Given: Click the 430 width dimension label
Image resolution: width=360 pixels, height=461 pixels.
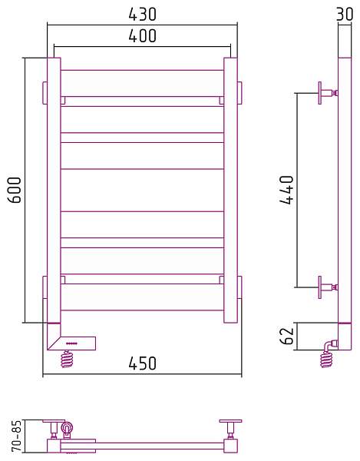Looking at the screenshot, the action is tap(143, 14).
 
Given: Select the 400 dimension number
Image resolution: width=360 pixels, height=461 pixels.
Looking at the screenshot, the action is tap(143, 35).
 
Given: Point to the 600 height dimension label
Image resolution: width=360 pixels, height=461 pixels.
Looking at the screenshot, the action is tap(15, 190).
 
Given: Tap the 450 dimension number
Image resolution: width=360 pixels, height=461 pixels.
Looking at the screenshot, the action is tap(143, 363).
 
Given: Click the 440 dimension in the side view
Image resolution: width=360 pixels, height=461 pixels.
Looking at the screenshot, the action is tap(286, 190).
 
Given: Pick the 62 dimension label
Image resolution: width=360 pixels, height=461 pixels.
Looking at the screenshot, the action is tap(287, 337).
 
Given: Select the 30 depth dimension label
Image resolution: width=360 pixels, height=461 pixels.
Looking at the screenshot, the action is tap(345, 14).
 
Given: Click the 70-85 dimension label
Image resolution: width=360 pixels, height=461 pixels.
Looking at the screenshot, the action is tap(16, 436).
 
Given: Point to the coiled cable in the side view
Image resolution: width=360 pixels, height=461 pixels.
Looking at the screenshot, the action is tap(328, 355).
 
